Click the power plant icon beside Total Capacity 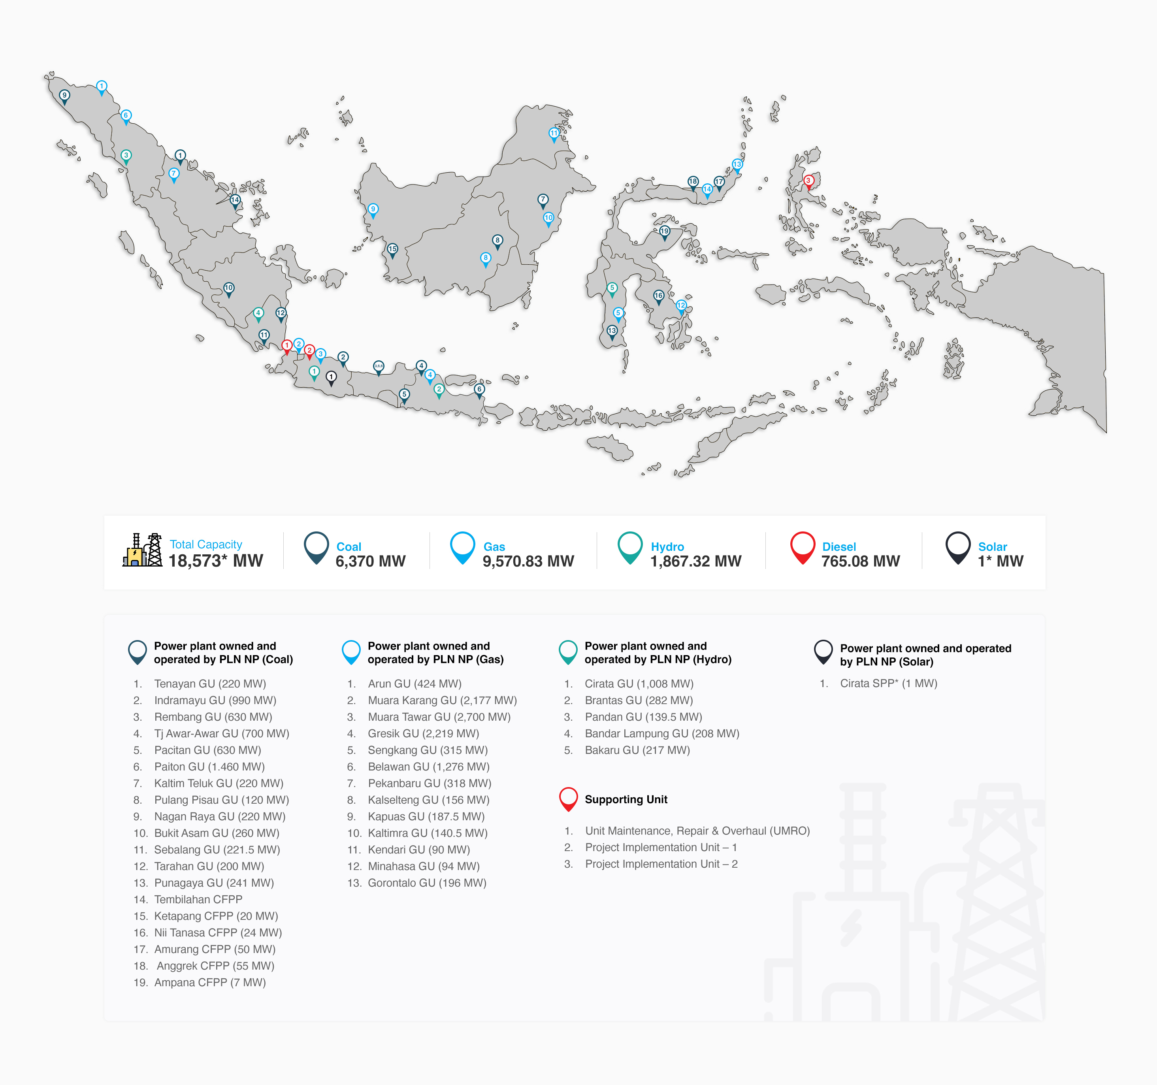[142, 550]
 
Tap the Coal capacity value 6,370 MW [370, 561]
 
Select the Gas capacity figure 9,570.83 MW [528, 561]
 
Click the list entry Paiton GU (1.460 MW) [209, 767]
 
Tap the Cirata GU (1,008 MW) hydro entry [639, 684]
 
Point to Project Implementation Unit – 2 [661, 864]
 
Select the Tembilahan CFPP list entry [198, 899]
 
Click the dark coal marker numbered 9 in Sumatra [64, 96]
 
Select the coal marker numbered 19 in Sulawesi [665, 232]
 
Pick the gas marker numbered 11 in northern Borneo [554, 133]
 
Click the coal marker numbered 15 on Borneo [392, 250]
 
